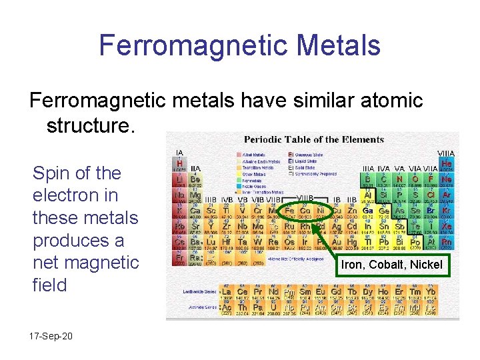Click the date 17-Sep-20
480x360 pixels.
pyautogui.click(x=52, y=336)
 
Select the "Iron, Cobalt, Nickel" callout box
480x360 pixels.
pyautogui.click(x=391, y=265)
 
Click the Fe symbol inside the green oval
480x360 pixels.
pyautogui.click(x=290, y=211)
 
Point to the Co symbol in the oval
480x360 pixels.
pyautogui.click(x=305, y=211)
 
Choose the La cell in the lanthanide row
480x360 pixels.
pyautogui.click(x=227, y=291)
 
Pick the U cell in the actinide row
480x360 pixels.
pyautogui.click(x=273, y=307)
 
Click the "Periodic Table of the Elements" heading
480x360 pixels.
pyautogui.click(x=313, y=139)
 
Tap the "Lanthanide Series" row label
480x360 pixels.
pyautogui.click(x=201, y=291)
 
